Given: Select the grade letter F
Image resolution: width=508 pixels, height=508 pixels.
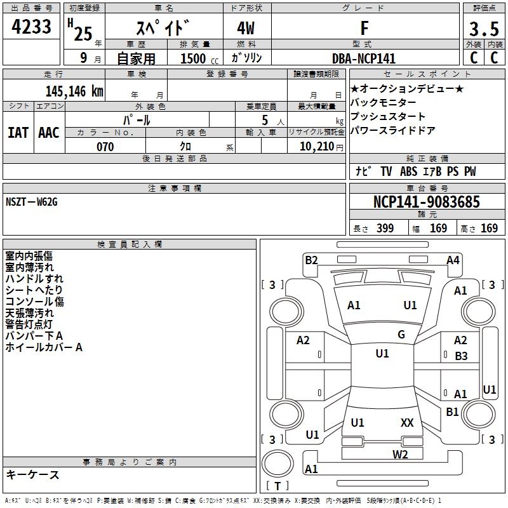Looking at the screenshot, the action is point(364,29).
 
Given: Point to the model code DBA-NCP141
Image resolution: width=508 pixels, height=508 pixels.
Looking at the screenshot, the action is point(364,58).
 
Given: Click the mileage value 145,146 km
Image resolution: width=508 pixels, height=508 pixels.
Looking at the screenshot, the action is point(74,91).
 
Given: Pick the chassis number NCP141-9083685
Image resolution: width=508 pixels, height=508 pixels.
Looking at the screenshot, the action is point(427,202).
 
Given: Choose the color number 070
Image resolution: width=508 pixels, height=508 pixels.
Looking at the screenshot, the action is point(105,147).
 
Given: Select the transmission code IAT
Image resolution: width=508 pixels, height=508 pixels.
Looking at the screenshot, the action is point(18,132).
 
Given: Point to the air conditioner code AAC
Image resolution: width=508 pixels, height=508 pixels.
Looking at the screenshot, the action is point(49,132).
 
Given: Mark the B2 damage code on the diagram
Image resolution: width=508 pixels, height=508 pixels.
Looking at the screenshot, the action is point(311,259).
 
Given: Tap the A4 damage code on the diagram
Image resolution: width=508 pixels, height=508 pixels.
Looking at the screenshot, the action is point(453,259).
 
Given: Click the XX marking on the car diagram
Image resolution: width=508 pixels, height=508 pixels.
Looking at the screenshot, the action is point(407,422).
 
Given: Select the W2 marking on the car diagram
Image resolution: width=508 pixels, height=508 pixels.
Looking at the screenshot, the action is point(400,454).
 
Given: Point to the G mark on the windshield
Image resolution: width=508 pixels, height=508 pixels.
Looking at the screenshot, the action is point(401,335).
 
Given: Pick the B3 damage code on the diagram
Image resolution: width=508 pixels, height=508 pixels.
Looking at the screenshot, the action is point(461,356).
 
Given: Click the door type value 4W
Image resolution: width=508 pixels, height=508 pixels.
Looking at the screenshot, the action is point(247,29).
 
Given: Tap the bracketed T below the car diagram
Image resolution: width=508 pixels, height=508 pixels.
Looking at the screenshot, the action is point(277,486).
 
